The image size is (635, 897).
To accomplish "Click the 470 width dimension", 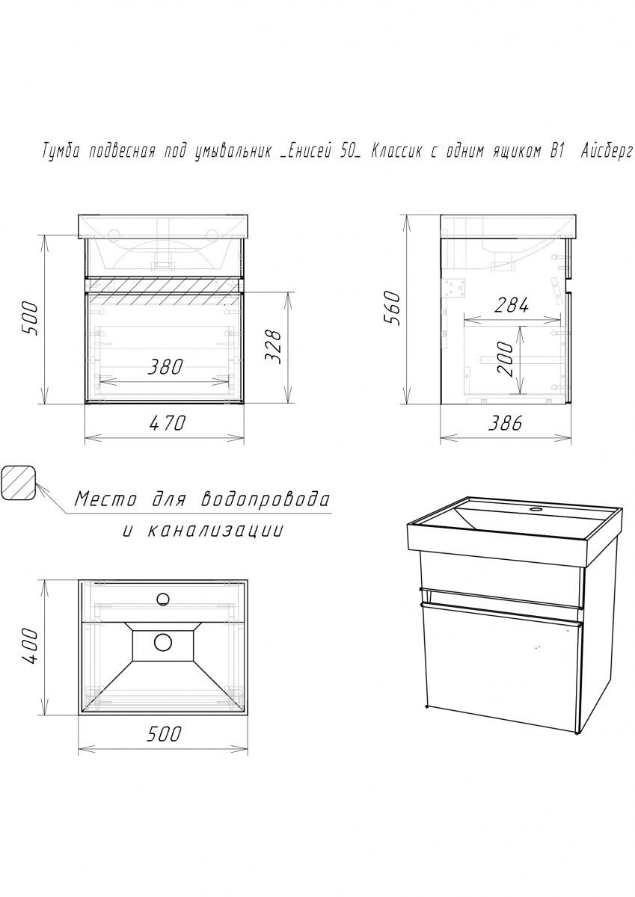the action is [x=168, y=423].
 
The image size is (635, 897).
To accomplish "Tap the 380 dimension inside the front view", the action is [x=165, y=367].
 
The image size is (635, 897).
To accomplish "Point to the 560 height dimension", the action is [x=393, y=308].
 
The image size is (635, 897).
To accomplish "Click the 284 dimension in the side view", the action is [x=511, y=306].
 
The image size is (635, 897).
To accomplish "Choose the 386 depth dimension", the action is [x=505, y=423].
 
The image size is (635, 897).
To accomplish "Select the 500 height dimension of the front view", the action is [x=31, y=319].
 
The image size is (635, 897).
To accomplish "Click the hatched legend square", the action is [x=19, y=483].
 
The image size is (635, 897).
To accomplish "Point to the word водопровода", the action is [x=265, y=500].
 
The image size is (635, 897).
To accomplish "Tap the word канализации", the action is [x=216, y=531].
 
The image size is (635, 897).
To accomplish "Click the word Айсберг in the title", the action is [x=607, y=153].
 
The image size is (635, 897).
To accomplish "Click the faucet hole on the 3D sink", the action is [x=535, y=509].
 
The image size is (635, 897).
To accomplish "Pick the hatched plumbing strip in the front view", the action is [x=165, y=285].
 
